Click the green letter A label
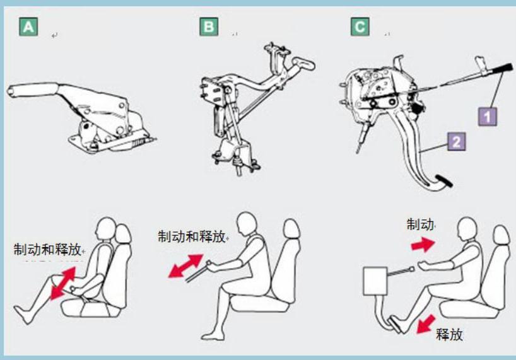pos(28,26)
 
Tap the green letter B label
pos(209,26)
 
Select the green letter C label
pos(360,26)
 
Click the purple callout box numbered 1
pos(488,117)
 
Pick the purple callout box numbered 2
pos(457,141)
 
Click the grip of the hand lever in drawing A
pos(32,89)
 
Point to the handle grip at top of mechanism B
pos(303,63)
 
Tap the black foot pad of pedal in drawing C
pos(444,181)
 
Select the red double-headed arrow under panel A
pos(63,283)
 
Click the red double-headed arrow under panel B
pos(186,265)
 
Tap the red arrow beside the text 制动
pos(423,245)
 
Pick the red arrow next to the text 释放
pos(426,324)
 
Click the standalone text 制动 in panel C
pos(420,224)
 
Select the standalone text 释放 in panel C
pos(450,334)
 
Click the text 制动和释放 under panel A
pos(47,250)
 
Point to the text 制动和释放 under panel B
pos(192,236)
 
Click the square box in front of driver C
pos(375,281)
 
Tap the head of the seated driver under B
pos(246,224)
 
